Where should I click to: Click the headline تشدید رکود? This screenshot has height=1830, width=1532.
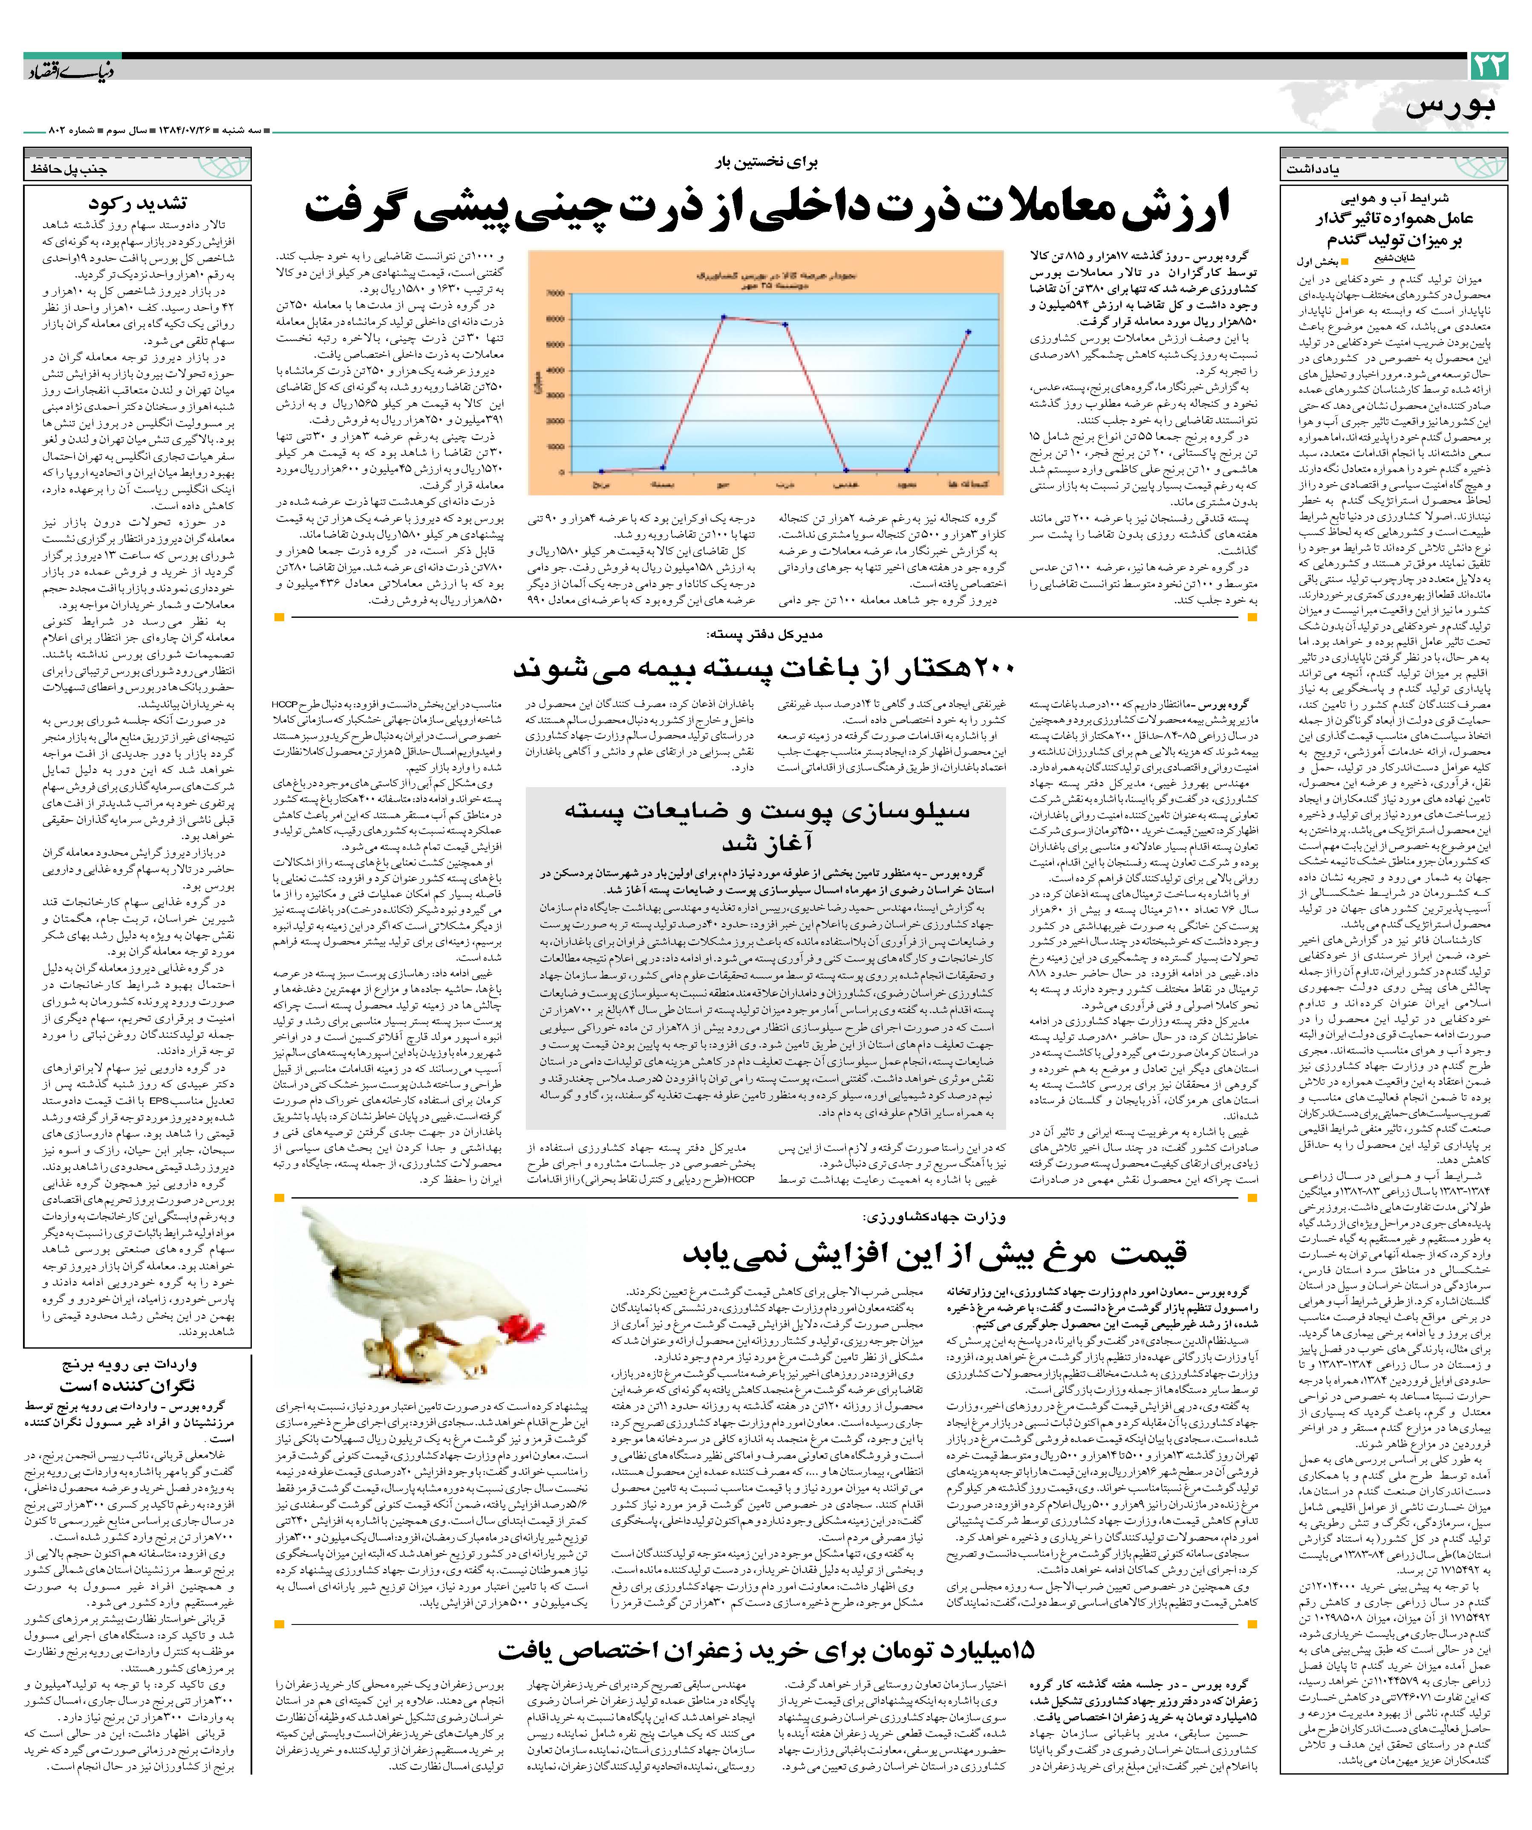click(148, 204)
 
